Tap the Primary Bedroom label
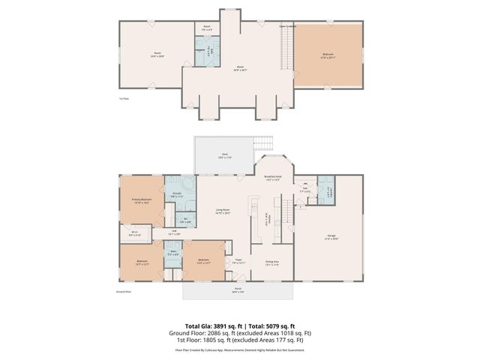tap(142, 201)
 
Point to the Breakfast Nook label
tap(274, 178)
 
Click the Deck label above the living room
tap(224, 157)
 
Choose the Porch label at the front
tap(237, 291)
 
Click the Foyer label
tap(238, 262)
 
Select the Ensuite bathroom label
tap(177, 196)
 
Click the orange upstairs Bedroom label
tap(327, 55)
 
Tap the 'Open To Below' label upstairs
tap(289, 25)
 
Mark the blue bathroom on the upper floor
tap(204, 52)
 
